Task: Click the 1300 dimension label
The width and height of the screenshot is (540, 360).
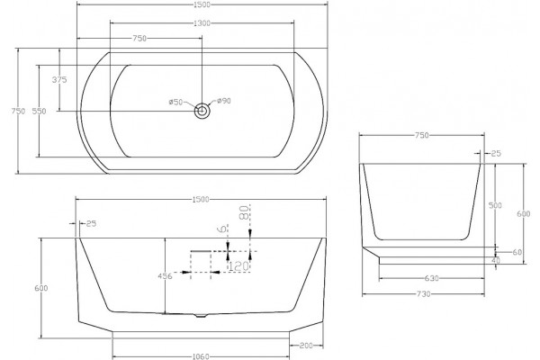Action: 202,23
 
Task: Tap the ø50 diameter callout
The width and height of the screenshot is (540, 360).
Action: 175,102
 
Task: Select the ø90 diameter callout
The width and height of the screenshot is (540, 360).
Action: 224,101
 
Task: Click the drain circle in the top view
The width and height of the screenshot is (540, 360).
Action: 202,111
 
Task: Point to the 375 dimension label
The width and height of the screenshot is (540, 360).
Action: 59,80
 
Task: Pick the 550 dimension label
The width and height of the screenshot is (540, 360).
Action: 39,112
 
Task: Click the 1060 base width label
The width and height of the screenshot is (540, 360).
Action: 201,356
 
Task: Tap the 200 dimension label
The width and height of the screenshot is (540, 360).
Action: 306,346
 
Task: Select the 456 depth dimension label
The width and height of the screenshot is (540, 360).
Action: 165,276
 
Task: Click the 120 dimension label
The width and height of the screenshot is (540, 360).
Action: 238,265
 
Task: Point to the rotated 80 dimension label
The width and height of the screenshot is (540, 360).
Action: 244,212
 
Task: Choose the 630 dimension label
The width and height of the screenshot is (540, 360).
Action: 431,278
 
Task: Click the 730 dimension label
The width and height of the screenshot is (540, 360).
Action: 423,294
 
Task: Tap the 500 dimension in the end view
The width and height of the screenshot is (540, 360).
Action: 495,205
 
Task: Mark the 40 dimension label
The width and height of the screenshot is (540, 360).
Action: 495,261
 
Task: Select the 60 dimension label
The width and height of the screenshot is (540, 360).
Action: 517,252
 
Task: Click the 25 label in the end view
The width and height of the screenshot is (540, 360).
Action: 496,154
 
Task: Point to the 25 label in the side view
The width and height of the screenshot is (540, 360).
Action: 91,223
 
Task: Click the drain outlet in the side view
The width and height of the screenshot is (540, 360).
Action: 200,315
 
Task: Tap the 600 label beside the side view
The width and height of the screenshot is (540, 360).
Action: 41,288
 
